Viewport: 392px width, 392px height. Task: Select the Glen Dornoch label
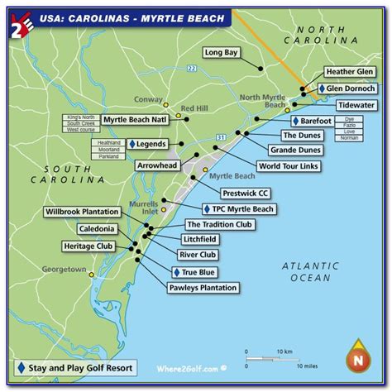click(x=347, y=88)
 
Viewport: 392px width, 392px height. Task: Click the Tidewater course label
click(x=356, y=106)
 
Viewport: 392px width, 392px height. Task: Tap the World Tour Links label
click(x=287, y=165)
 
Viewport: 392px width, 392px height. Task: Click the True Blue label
click(x=196, y=271)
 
